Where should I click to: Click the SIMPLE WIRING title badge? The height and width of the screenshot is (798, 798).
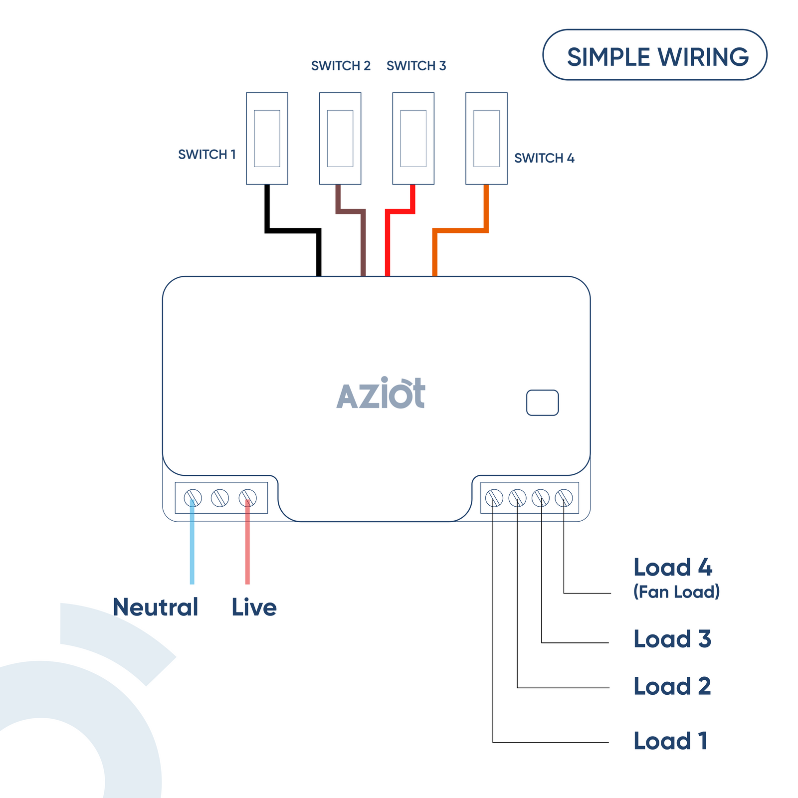coord(654,55)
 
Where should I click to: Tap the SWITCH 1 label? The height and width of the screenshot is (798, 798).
coord(206,155)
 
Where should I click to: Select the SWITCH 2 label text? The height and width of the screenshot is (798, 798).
coord(341,66)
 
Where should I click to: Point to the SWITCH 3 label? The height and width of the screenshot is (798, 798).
coord(416,66)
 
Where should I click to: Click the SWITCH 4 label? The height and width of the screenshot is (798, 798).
coord(544,158)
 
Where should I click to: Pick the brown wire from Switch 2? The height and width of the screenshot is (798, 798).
coord(363,244)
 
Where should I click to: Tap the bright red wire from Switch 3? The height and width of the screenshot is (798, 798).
coord(388,244)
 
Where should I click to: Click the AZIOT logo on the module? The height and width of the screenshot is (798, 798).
coord(381,394)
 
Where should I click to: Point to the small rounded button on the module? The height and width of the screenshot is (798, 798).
coord(542,402)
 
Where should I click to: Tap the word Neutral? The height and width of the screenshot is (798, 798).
coord(156,607)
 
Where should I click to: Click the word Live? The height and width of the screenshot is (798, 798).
coord(254,607)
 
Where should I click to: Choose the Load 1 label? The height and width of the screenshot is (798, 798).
coord(670,741)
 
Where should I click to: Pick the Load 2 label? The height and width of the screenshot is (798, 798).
coord(672,686)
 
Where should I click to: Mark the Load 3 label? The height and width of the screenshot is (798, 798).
coord(672,639)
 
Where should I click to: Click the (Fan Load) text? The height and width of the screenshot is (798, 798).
coord(676,592)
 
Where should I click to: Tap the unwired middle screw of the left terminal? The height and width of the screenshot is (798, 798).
coord(220,498)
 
